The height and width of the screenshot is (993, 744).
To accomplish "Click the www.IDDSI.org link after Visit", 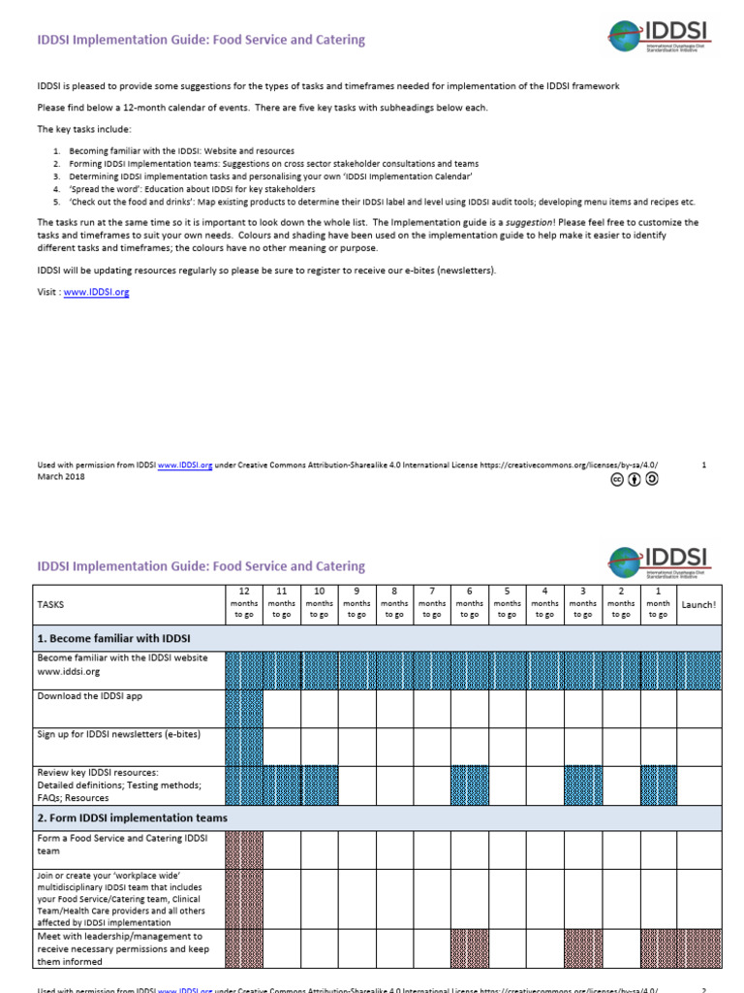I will pos(96,292).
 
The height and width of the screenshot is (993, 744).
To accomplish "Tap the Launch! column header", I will pos(698,604).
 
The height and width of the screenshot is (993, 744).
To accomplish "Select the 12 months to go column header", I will pos(244,602).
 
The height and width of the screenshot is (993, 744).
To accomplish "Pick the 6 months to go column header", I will pos(470,602).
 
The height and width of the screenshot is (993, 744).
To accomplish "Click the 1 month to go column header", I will pos(658,602).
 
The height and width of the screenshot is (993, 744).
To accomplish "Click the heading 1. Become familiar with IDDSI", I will pos(113,638).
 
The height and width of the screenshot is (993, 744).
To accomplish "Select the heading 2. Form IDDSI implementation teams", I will pos(133,817).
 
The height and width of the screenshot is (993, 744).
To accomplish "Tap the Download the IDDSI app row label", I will pos(90,696).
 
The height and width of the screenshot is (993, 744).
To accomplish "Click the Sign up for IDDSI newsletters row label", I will pos(118,734).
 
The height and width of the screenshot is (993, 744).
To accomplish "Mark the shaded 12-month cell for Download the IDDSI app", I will pos(244,708).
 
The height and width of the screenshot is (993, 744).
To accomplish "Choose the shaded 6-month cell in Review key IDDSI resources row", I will pos(470,785).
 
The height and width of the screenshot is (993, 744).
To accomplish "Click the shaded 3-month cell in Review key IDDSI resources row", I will pos(582,785).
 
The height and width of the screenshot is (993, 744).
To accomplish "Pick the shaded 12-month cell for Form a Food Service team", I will pos(244,849).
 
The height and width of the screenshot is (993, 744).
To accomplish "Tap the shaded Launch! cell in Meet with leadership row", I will pos(698,948).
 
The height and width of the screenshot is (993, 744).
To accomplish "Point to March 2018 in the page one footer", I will pos(60,475).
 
